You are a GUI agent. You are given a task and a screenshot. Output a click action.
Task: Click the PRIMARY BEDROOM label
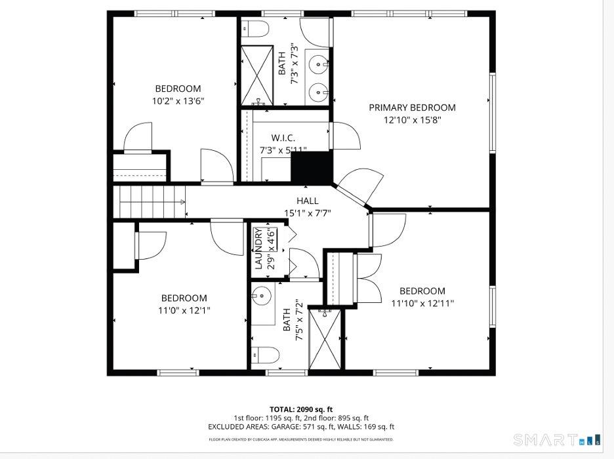click(x=412, y=108)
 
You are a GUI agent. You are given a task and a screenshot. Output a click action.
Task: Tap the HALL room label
click(x=308, y=201)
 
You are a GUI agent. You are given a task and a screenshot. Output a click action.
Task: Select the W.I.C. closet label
click(x=283, y=138)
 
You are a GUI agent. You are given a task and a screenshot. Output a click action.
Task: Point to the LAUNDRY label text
click(x=258, y=249)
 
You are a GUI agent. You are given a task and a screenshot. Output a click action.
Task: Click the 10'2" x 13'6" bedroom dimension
click(x=178, y=101)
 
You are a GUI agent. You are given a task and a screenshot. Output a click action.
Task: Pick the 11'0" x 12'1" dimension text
click(x=184, y=310)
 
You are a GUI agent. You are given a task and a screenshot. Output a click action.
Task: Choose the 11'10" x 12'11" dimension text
click(x=422, y=303)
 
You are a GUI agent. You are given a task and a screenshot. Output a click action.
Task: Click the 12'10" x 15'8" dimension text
click(x=413, y=120)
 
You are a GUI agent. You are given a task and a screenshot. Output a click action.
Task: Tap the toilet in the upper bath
click(x=255, y=29)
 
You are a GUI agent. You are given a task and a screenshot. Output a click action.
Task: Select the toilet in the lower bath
click(x=265, y=355)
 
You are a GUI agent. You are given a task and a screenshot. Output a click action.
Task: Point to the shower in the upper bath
click(x=257, y=75)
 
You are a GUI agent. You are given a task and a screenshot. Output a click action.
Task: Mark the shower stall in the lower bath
click(x=325, y=339)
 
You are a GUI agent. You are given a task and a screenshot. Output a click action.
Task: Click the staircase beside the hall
click(x=149, y=202)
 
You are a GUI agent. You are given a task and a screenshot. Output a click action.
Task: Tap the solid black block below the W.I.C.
click(x=312, y=167)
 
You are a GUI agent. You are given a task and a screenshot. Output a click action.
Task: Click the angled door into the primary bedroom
click(x=352, y=195)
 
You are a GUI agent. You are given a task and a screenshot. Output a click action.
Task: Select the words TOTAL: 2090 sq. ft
click(x=301, y=410)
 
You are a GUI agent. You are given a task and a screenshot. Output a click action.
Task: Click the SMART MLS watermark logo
click(x=557, y=440)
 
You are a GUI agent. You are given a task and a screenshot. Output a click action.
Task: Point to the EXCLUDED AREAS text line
click(x=301, y=427)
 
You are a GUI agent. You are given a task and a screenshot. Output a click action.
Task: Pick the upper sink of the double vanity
click(x=318, y=64)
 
